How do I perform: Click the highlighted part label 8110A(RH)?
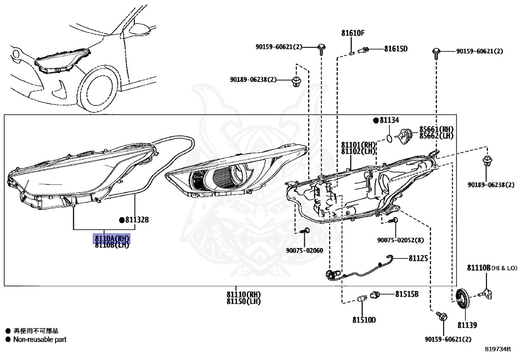click(x=111, y=238)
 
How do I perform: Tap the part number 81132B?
click(x=137, y=220)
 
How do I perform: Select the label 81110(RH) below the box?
click(x=244, y=294)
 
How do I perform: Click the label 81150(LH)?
click(x=244, y=301)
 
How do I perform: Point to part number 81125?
click(x=418, y=258)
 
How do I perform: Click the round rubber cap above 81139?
click(x=462, y=299)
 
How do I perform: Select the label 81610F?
click(x=353, y=33)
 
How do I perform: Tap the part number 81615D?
click(x=396, y=49)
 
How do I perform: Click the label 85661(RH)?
click(x=436, y=129)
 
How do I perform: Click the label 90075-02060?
click(x=304, y=251)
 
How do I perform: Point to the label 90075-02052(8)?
click(x=400, y=240)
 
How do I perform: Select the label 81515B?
click(x=407, y=294)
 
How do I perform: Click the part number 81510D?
click(x=364, y=320)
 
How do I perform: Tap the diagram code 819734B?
click(x=498, y=349)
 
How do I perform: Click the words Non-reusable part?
click(x=40, y=340)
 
